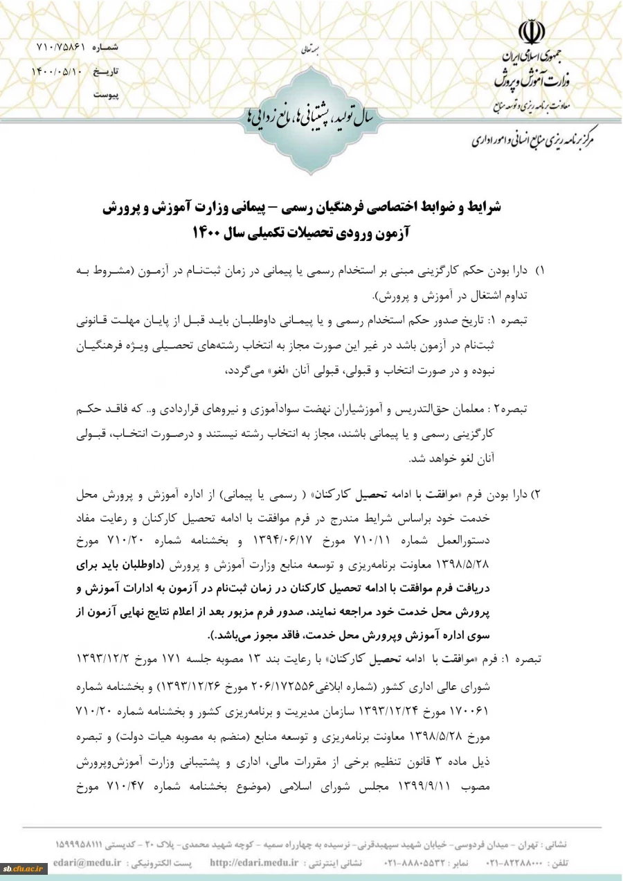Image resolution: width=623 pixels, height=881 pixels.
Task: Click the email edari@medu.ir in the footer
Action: [x=87, y=863]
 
